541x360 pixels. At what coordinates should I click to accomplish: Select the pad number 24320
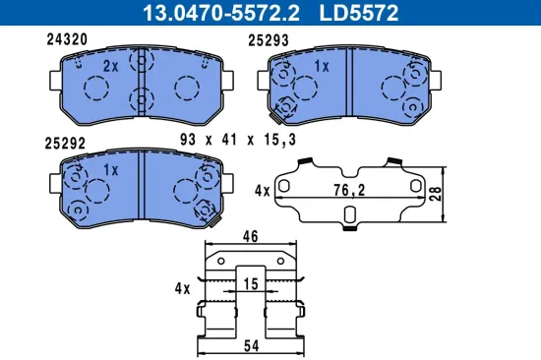[67, 40]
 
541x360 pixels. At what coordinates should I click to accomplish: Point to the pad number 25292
[65, 143]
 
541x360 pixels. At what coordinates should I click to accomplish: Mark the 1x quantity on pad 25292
[110, 169]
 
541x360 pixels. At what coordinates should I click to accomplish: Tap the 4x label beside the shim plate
[263, 189]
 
